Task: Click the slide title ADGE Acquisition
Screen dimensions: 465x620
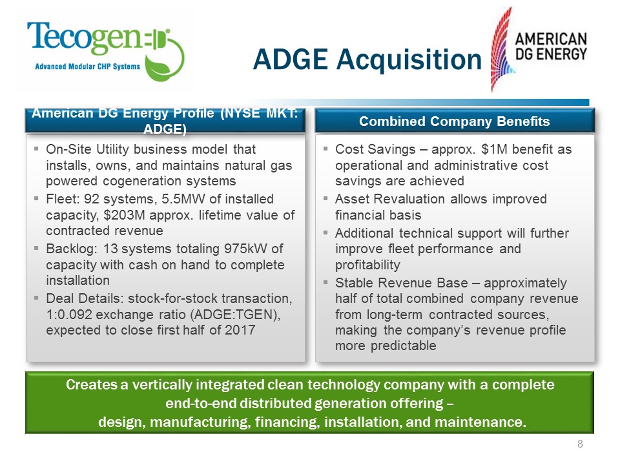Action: (x=367, y=59)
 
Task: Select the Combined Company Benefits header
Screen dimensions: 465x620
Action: (x=454, y=121)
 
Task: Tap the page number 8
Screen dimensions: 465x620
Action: (x=579, y=444)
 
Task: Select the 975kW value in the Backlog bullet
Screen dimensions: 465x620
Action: (x=233, y=249)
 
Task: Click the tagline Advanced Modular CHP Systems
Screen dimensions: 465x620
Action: (x=87, y=67)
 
